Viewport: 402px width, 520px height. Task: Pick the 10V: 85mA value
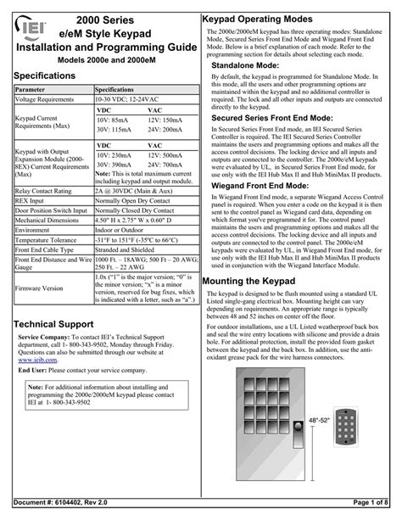111,120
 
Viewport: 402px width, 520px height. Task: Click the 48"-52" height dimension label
318,444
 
